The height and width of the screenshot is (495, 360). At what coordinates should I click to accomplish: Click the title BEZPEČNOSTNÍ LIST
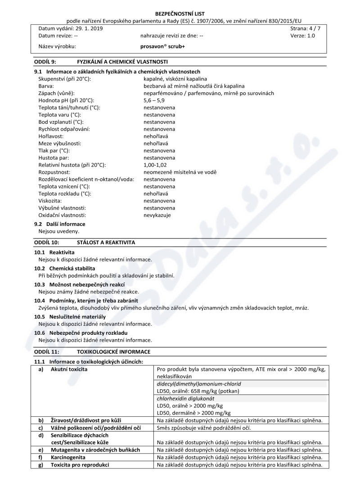[180, 14]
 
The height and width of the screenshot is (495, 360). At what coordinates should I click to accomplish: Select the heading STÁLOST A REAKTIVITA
[106, 242]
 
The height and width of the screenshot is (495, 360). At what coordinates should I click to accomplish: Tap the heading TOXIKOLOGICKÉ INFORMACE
[114, 351]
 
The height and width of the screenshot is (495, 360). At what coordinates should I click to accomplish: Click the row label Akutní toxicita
[69, 369]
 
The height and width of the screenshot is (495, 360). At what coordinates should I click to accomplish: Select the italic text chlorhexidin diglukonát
[185, 398]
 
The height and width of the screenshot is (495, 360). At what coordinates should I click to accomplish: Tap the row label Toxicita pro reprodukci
[80, 465]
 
